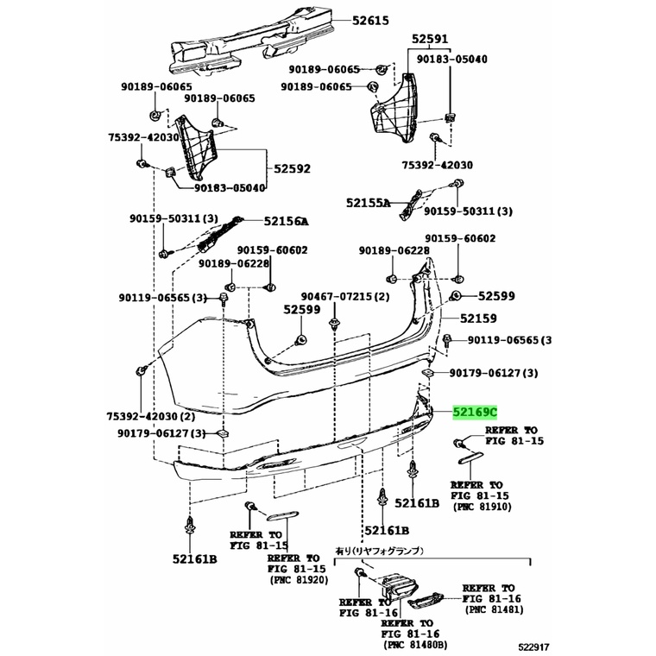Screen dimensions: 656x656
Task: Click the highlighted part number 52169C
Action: point(476,413)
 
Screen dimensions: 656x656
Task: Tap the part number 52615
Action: point(369,20)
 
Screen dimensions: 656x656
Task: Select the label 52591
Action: point(430,39)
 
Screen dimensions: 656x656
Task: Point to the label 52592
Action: point(292,168)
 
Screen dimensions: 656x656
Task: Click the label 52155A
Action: point(369,203)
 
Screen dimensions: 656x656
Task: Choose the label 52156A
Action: point(287,221)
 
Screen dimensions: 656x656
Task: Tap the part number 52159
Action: point(478,319)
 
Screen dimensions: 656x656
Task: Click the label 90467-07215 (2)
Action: point(345,297)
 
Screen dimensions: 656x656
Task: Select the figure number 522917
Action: point(533,647)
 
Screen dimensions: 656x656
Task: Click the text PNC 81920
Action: point(299,580)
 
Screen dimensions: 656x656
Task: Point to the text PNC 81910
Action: point(483,507)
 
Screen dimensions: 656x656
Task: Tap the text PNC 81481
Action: point(494,610)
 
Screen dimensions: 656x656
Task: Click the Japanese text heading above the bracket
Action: point(379,551)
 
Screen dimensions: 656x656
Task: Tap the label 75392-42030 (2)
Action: point(151,416)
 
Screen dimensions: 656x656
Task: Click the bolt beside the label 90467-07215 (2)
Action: point(334,324)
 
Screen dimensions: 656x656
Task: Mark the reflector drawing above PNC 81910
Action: point(471,458)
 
